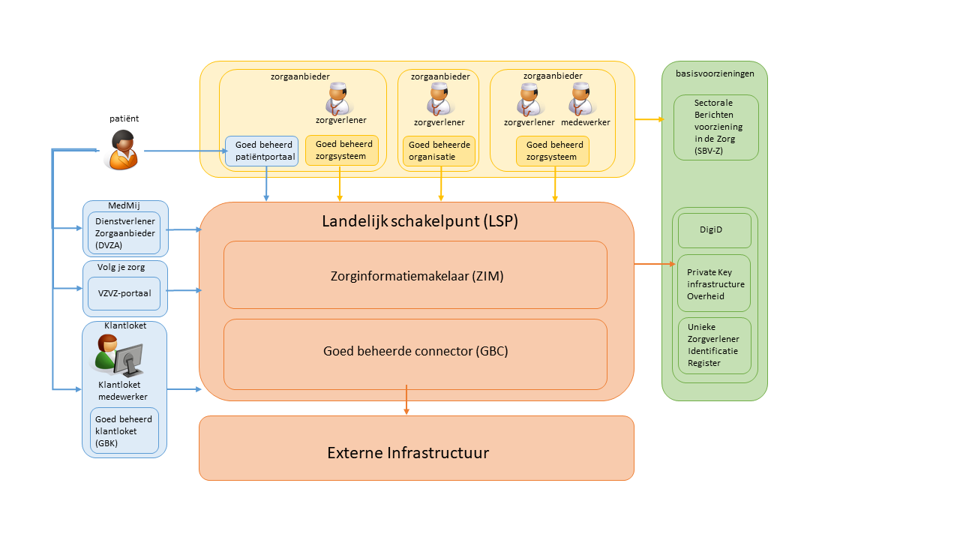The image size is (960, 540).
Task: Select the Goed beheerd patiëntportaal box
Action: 262,151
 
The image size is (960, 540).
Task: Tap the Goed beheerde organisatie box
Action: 439,151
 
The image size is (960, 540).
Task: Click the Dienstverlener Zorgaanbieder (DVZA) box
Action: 124,233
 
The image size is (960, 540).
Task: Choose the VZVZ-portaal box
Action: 124,293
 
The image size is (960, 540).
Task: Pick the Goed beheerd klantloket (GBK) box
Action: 124,430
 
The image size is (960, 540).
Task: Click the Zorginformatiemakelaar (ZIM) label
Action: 416,276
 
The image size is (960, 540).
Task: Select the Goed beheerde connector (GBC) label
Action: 415,350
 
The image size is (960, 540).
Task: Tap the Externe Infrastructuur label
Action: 408,453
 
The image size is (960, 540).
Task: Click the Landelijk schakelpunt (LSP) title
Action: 420,221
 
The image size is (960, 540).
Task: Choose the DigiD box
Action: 714,230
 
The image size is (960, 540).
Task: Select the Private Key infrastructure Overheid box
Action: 714,283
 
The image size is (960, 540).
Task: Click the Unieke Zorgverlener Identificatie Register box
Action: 714,346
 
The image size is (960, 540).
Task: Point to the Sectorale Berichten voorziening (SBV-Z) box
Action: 715,127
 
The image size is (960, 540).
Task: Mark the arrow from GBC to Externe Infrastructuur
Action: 406,400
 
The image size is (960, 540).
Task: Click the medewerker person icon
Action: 581,99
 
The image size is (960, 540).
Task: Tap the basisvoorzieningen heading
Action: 715,73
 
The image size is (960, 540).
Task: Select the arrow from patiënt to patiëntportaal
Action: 184,151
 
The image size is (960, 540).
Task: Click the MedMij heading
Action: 124,205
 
